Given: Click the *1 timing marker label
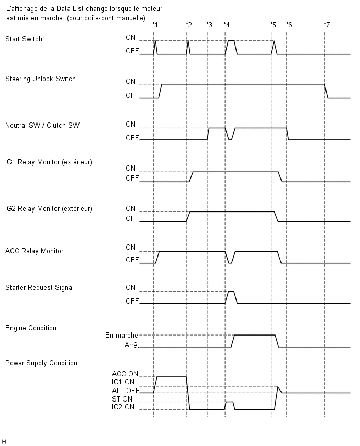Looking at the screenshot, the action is point(155,25).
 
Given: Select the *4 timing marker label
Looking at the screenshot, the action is point(227,25).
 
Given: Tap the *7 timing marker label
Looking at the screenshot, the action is point(327,25).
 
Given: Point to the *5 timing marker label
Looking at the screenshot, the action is point(273,25).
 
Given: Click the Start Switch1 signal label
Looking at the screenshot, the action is point(25,39).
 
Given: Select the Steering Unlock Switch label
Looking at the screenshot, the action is point(40,79).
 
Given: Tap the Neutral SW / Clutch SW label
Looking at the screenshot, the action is point(42,126).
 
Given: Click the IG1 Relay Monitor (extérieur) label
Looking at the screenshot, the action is point(49,162).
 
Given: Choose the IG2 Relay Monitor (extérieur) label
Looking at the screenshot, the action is point(49,209).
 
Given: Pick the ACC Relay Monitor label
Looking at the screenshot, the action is point(34,251).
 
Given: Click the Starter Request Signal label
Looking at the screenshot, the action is point(39,287).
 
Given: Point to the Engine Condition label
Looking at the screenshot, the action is point(31,328).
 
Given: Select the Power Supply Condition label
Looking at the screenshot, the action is point(41,363).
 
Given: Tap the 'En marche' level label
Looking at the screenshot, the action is point(121,336).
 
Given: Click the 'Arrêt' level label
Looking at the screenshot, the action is point(132,345).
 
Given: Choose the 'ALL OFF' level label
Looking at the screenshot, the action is point(126,391).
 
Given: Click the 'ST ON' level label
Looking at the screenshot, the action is point(122,399).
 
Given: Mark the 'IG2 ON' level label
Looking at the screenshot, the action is point(123,407).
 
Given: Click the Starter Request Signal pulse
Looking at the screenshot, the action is point(231,292).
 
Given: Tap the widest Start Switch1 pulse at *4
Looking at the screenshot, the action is point(231,41).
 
